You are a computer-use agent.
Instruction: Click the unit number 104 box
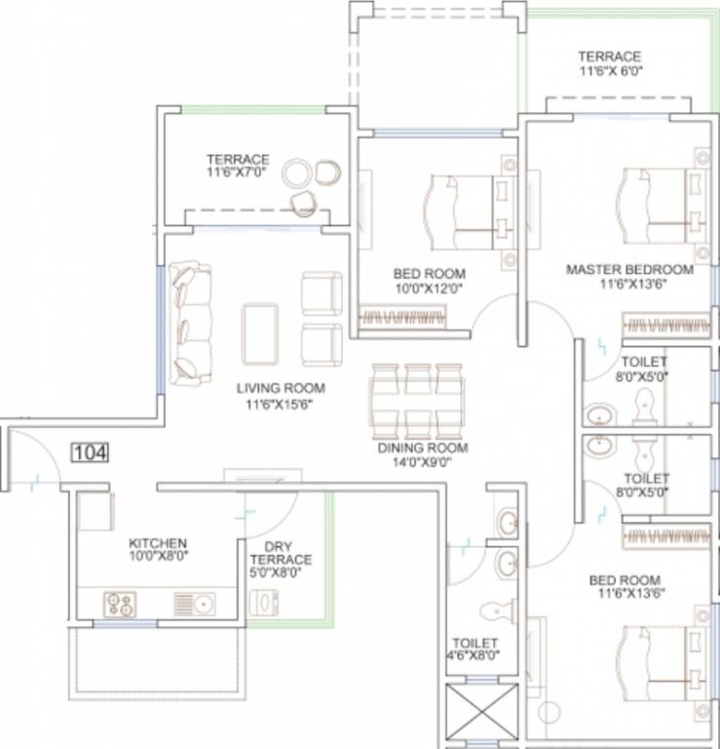coord(89,452)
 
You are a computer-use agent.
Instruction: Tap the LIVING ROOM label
coord(280,387)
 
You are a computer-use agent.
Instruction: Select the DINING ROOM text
coord(422,449)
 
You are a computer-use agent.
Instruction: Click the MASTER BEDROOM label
coord(629,269)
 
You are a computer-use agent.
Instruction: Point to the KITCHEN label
coord(158,542)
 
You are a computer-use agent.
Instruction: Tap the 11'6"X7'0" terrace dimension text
coord(237,173)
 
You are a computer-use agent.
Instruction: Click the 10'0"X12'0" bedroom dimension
coord(429,288)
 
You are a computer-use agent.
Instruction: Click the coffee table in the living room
coord(260,332)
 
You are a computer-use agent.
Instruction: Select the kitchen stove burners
coord(118,605)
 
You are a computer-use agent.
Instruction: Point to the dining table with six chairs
coord(416,400)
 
